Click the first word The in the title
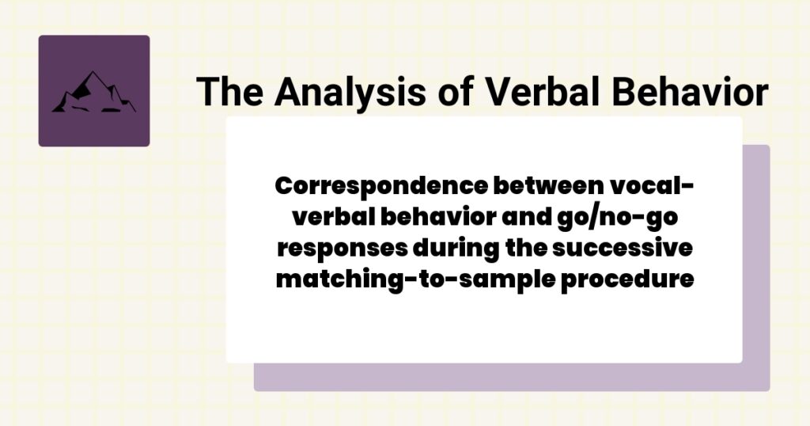pyautogui.click(x=228, y=92)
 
